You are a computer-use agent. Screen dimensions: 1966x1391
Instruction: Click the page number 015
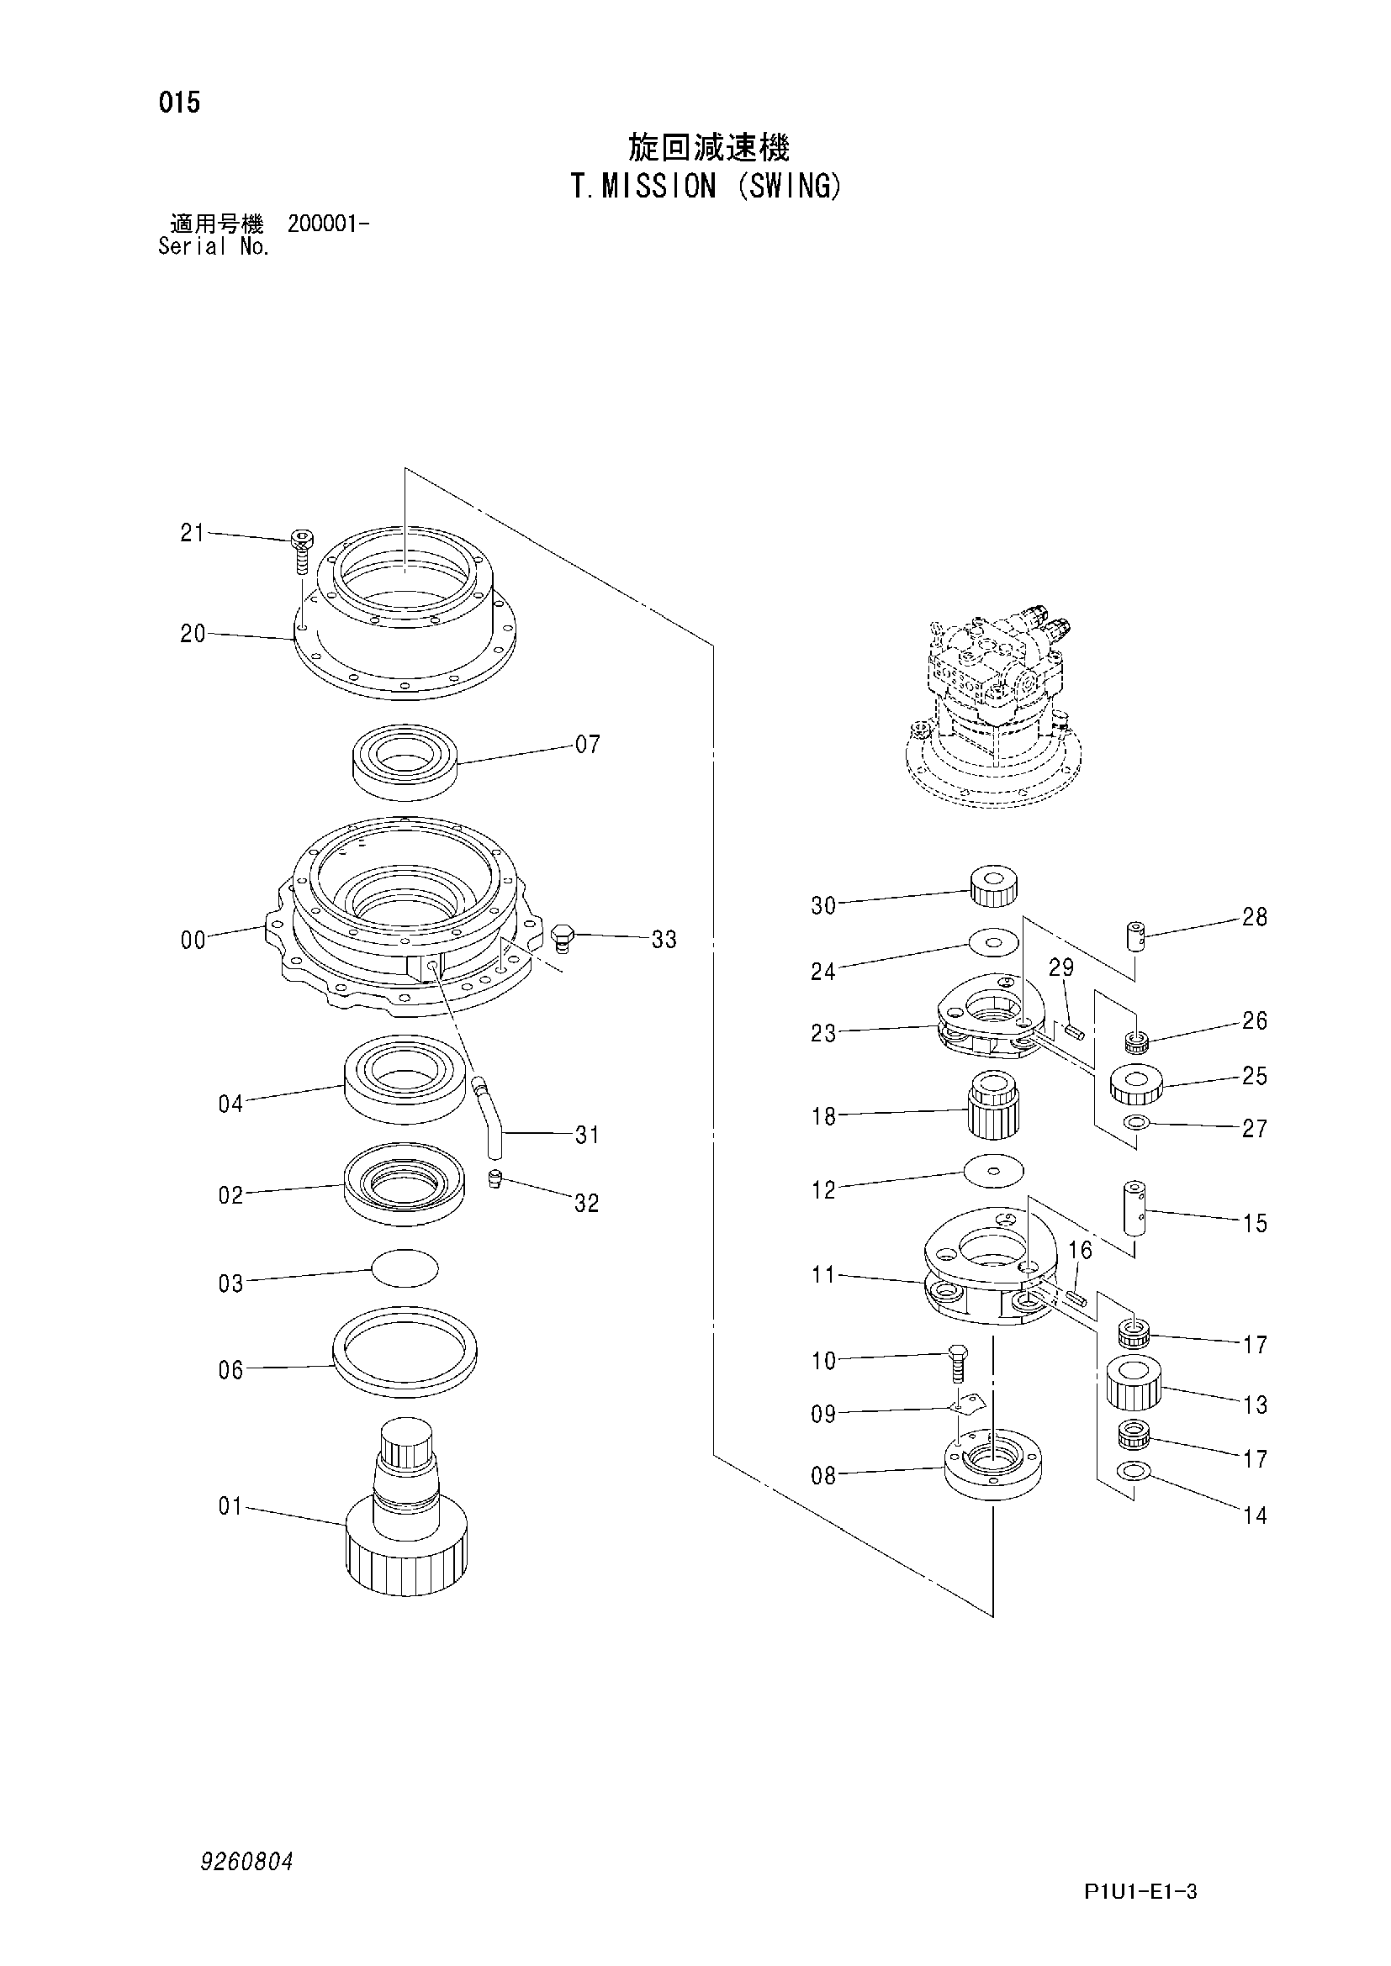179,103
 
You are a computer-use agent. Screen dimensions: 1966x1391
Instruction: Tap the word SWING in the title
791,187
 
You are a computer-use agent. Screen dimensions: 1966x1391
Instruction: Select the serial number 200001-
328,224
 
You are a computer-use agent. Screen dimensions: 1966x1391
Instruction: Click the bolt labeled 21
300,551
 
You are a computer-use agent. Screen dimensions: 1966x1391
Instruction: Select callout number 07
588,745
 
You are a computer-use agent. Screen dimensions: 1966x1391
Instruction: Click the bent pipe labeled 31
489,1117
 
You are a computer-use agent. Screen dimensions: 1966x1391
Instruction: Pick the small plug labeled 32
495,1179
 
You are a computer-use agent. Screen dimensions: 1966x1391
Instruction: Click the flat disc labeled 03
405,1267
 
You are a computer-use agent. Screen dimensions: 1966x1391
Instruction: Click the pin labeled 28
1134,935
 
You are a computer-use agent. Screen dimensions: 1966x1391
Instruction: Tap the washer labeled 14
1134,1472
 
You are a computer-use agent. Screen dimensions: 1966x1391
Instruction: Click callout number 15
1254,1224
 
